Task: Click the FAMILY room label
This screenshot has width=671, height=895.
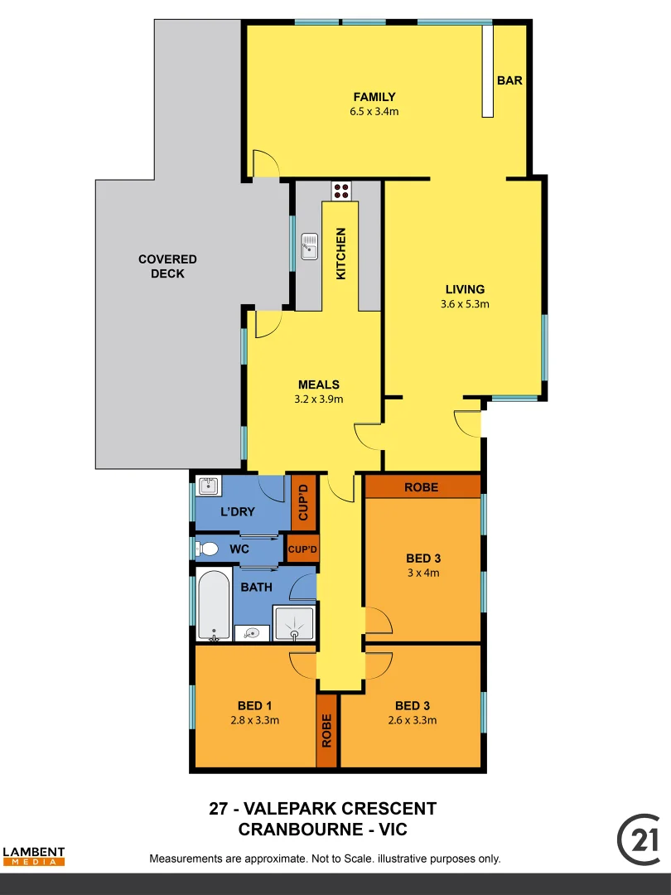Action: click(374, 97)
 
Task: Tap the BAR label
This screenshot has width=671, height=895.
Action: click(509, 80)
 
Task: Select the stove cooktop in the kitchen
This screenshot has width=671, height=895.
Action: click(341, 191)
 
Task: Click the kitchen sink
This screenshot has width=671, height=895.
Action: click(310, 245)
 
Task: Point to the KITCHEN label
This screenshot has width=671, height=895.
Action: click(340, 254)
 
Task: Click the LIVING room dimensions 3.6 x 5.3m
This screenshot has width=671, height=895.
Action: click(465, 303)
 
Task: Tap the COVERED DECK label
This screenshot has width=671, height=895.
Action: click(167, 266)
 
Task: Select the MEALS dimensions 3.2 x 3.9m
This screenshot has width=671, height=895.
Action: click(319, 399)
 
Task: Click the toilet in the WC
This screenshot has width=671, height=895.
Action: click(207, 549)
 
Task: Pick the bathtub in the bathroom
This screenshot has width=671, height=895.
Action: click(214, 605)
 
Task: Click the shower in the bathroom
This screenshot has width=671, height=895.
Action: click(295, 623)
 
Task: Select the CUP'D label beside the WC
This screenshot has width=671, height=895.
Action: click(302, 549)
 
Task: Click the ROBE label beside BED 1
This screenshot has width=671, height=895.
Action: click(327, 730)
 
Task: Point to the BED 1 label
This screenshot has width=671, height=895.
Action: click(255, 706)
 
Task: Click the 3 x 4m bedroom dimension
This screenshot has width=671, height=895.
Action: click(422, 573)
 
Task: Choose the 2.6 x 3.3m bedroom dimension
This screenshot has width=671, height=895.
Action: click(412, 720)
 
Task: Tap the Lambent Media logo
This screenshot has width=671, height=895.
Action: click(33, 856)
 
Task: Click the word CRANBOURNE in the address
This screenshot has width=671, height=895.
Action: click(291, 829)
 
